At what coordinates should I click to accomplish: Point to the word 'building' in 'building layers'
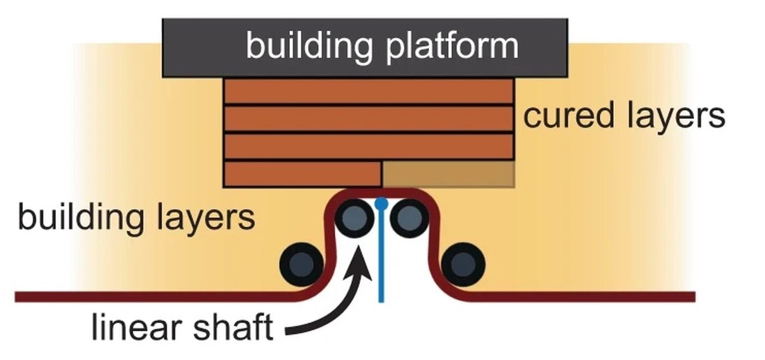(81, 218)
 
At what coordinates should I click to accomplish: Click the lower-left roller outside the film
(302, 264)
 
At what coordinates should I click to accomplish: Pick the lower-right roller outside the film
(463, 264)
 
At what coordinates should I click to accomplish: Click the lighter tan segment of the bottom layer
(448, 174)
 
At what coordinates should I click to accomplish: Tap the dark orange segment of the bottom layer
(302, 174)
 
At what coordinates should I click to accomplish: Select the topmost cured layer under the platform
(368, 91)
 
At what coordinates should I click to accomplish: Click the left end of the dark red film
(18, 297)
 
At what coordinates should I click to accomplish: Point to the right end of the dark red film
(693, 297)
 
